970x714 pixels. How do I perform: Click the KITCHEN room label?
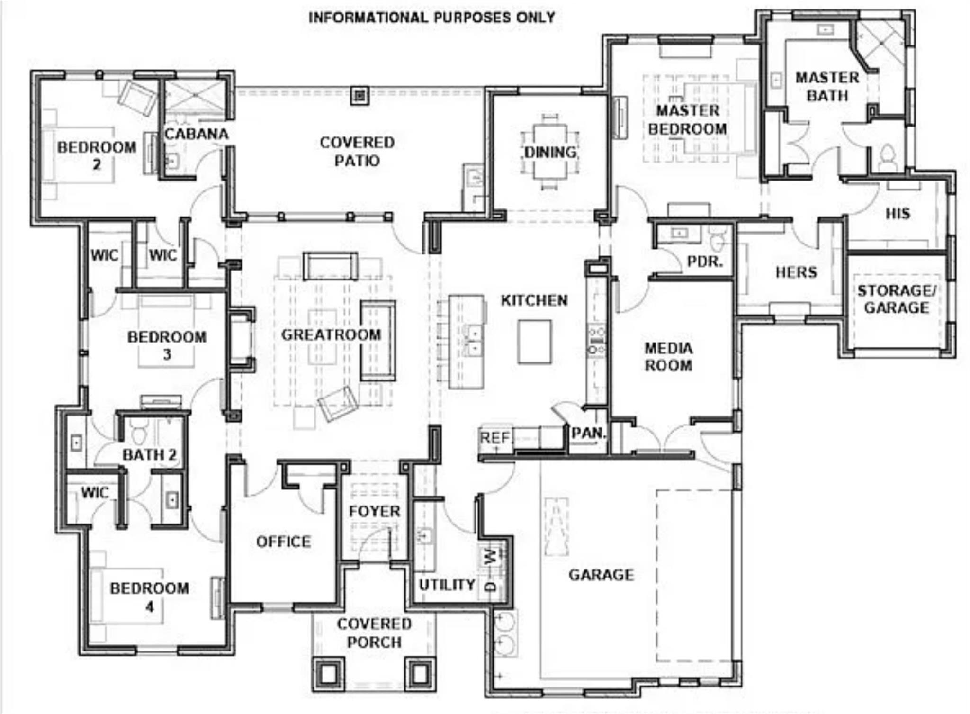(534, 300)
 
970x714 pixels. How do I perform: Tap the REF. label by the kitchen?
(494, 437)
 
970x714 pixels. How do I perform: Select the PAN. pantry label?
(588, 433)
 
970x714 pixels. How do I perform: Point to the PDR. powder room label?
(704, 262)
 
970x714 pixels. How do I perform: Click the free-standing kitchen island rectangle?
(534, 341)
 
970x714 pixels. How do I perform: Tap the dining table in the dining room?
(550, 151)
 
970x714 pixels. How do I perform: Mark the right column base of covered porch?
(419, 672)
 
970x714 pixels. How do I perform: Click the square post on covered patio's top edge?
(360, 95)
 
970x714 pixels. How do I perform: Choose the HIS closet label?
(898, 214)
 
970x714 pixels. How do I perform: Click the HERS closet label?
(796, 272)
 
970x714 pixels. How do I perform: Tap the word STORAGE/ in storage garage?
(896, 290)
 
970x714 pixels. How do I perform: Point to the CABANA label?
(197, 134)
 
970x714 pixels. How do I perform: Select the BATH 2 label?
(149, 455)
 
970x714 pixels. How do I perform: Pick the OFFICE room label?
(283, 542)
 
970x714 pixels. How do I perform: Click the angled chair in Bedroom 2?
(137, 98)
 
